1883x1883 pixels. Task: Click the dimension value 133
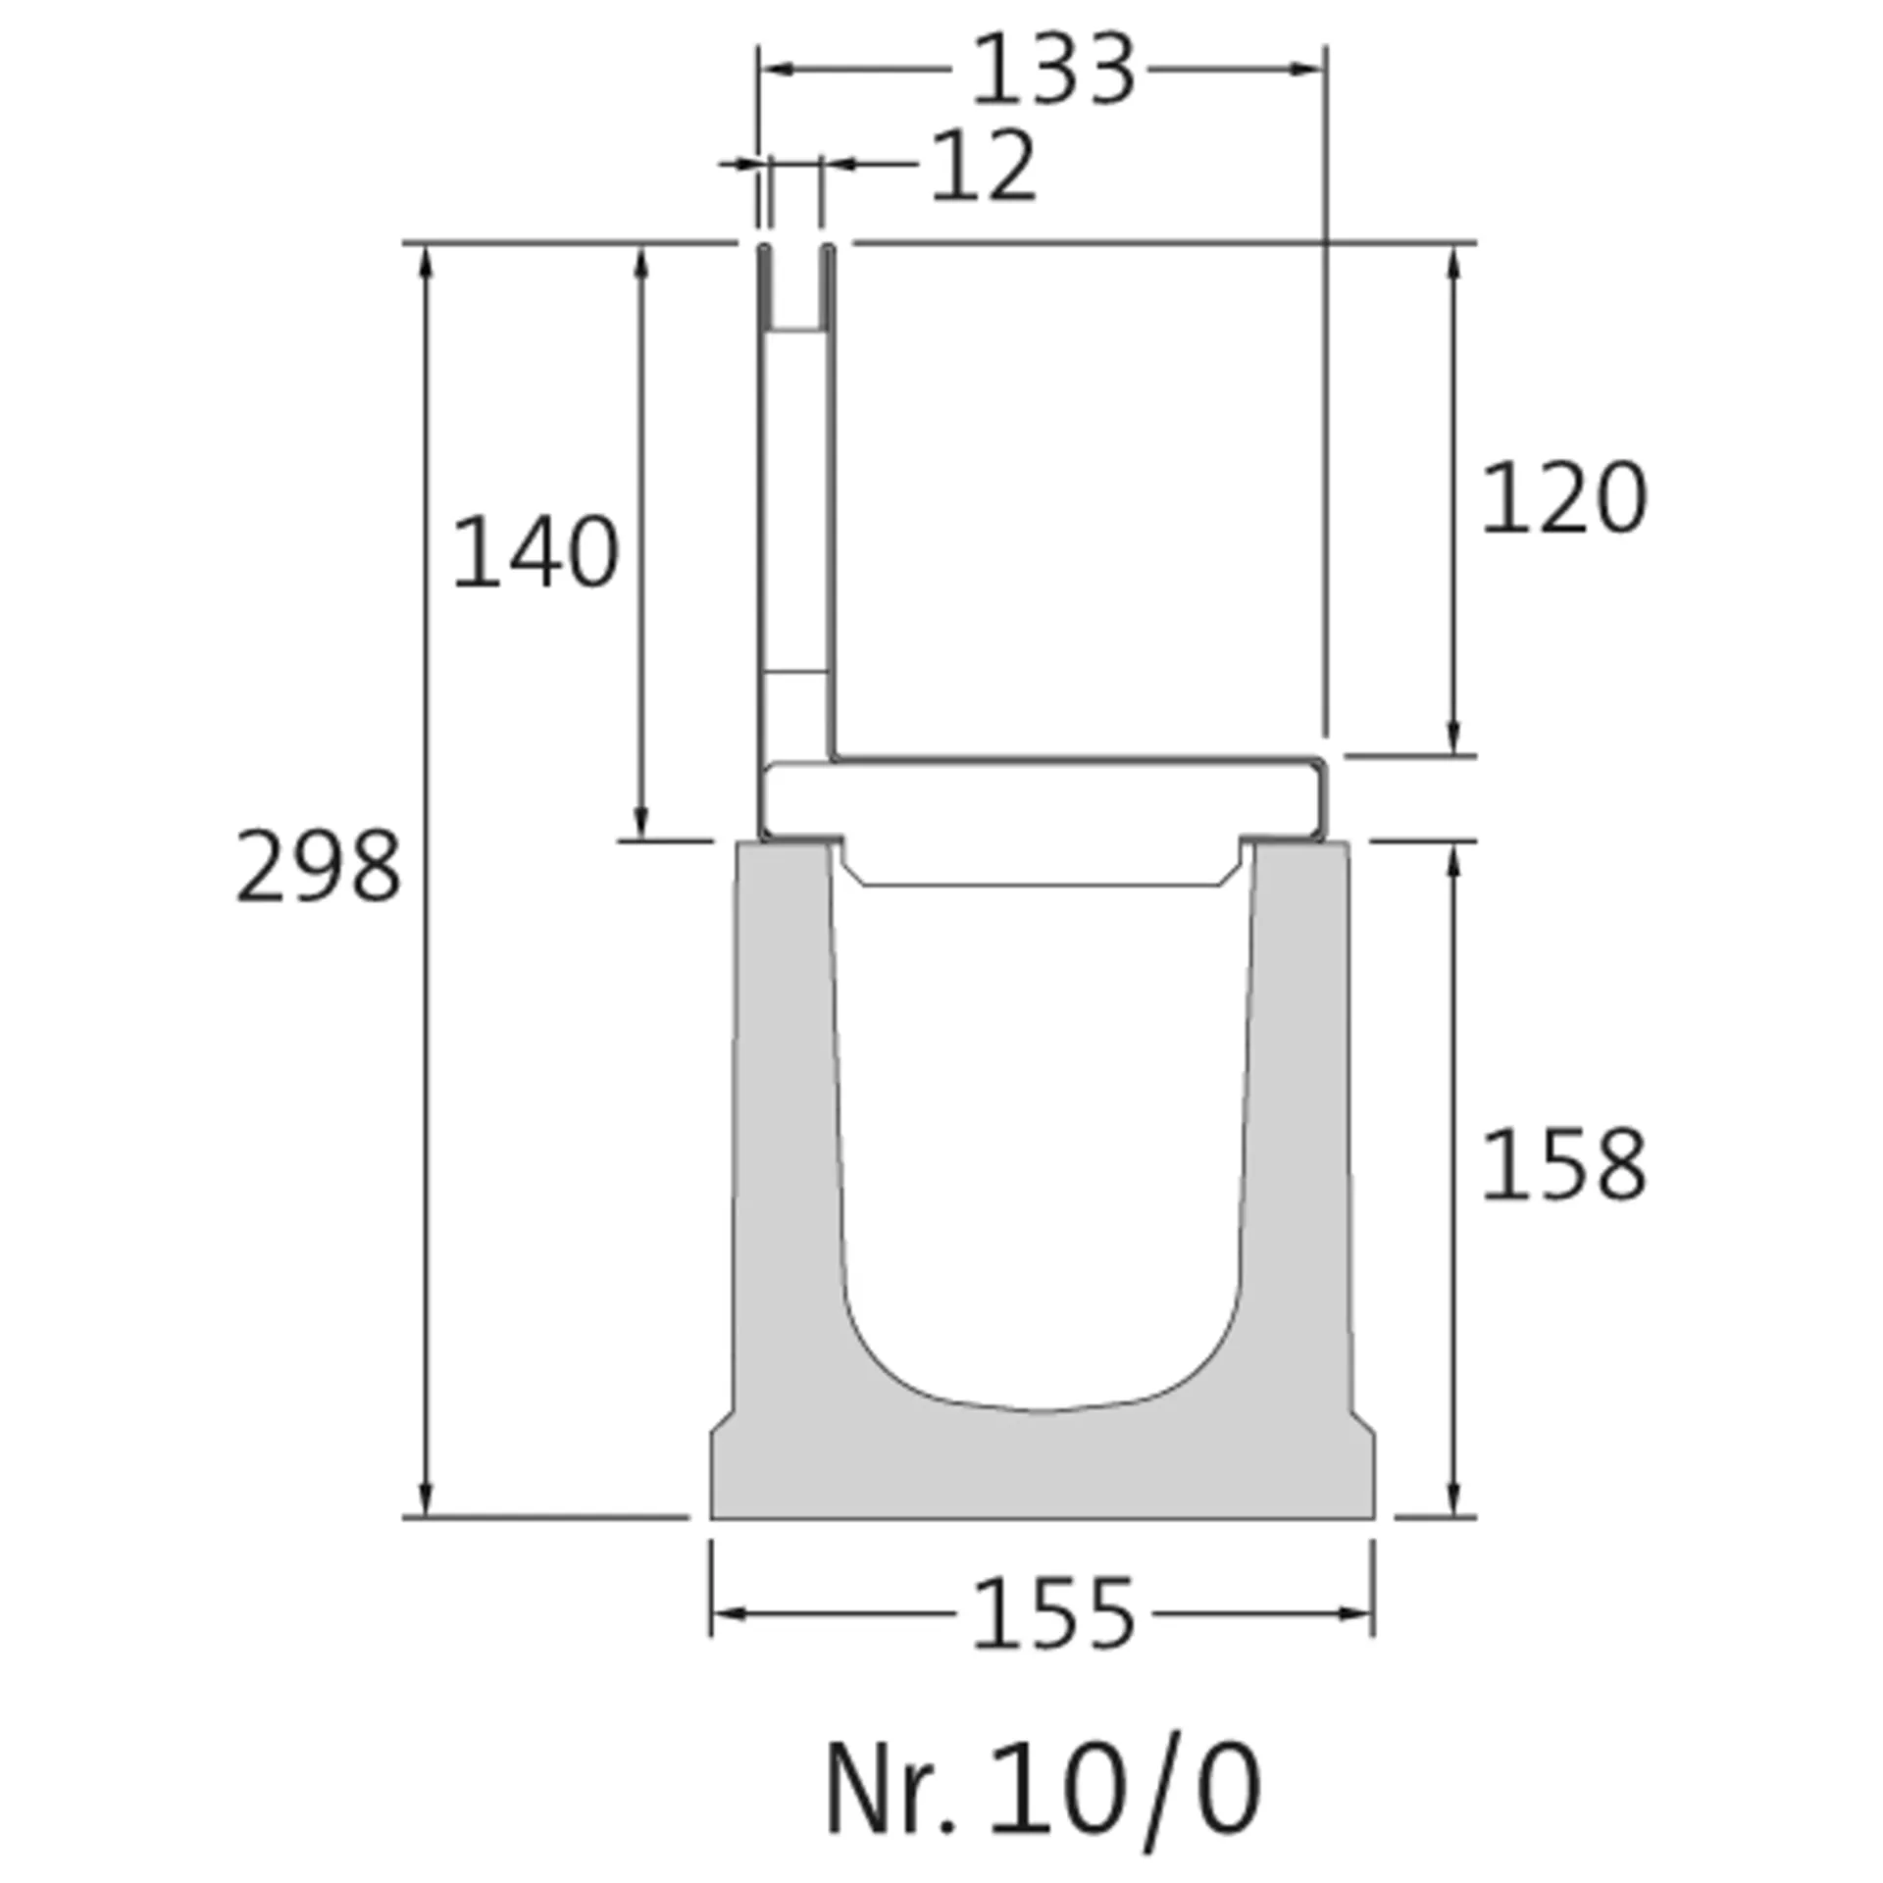point(1052,71)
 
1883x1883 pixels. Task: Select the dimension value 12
point(982,167)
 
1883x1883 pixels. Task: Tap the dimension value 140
point(535,553)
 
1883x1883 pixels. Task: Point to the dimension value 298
point(319,867)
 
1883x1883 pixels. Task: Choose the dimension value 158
point(1563,1166)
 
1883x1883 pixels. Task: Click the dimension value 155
point(1052,1614)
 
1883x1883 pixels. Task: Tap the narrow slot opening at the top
point(795,284)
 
